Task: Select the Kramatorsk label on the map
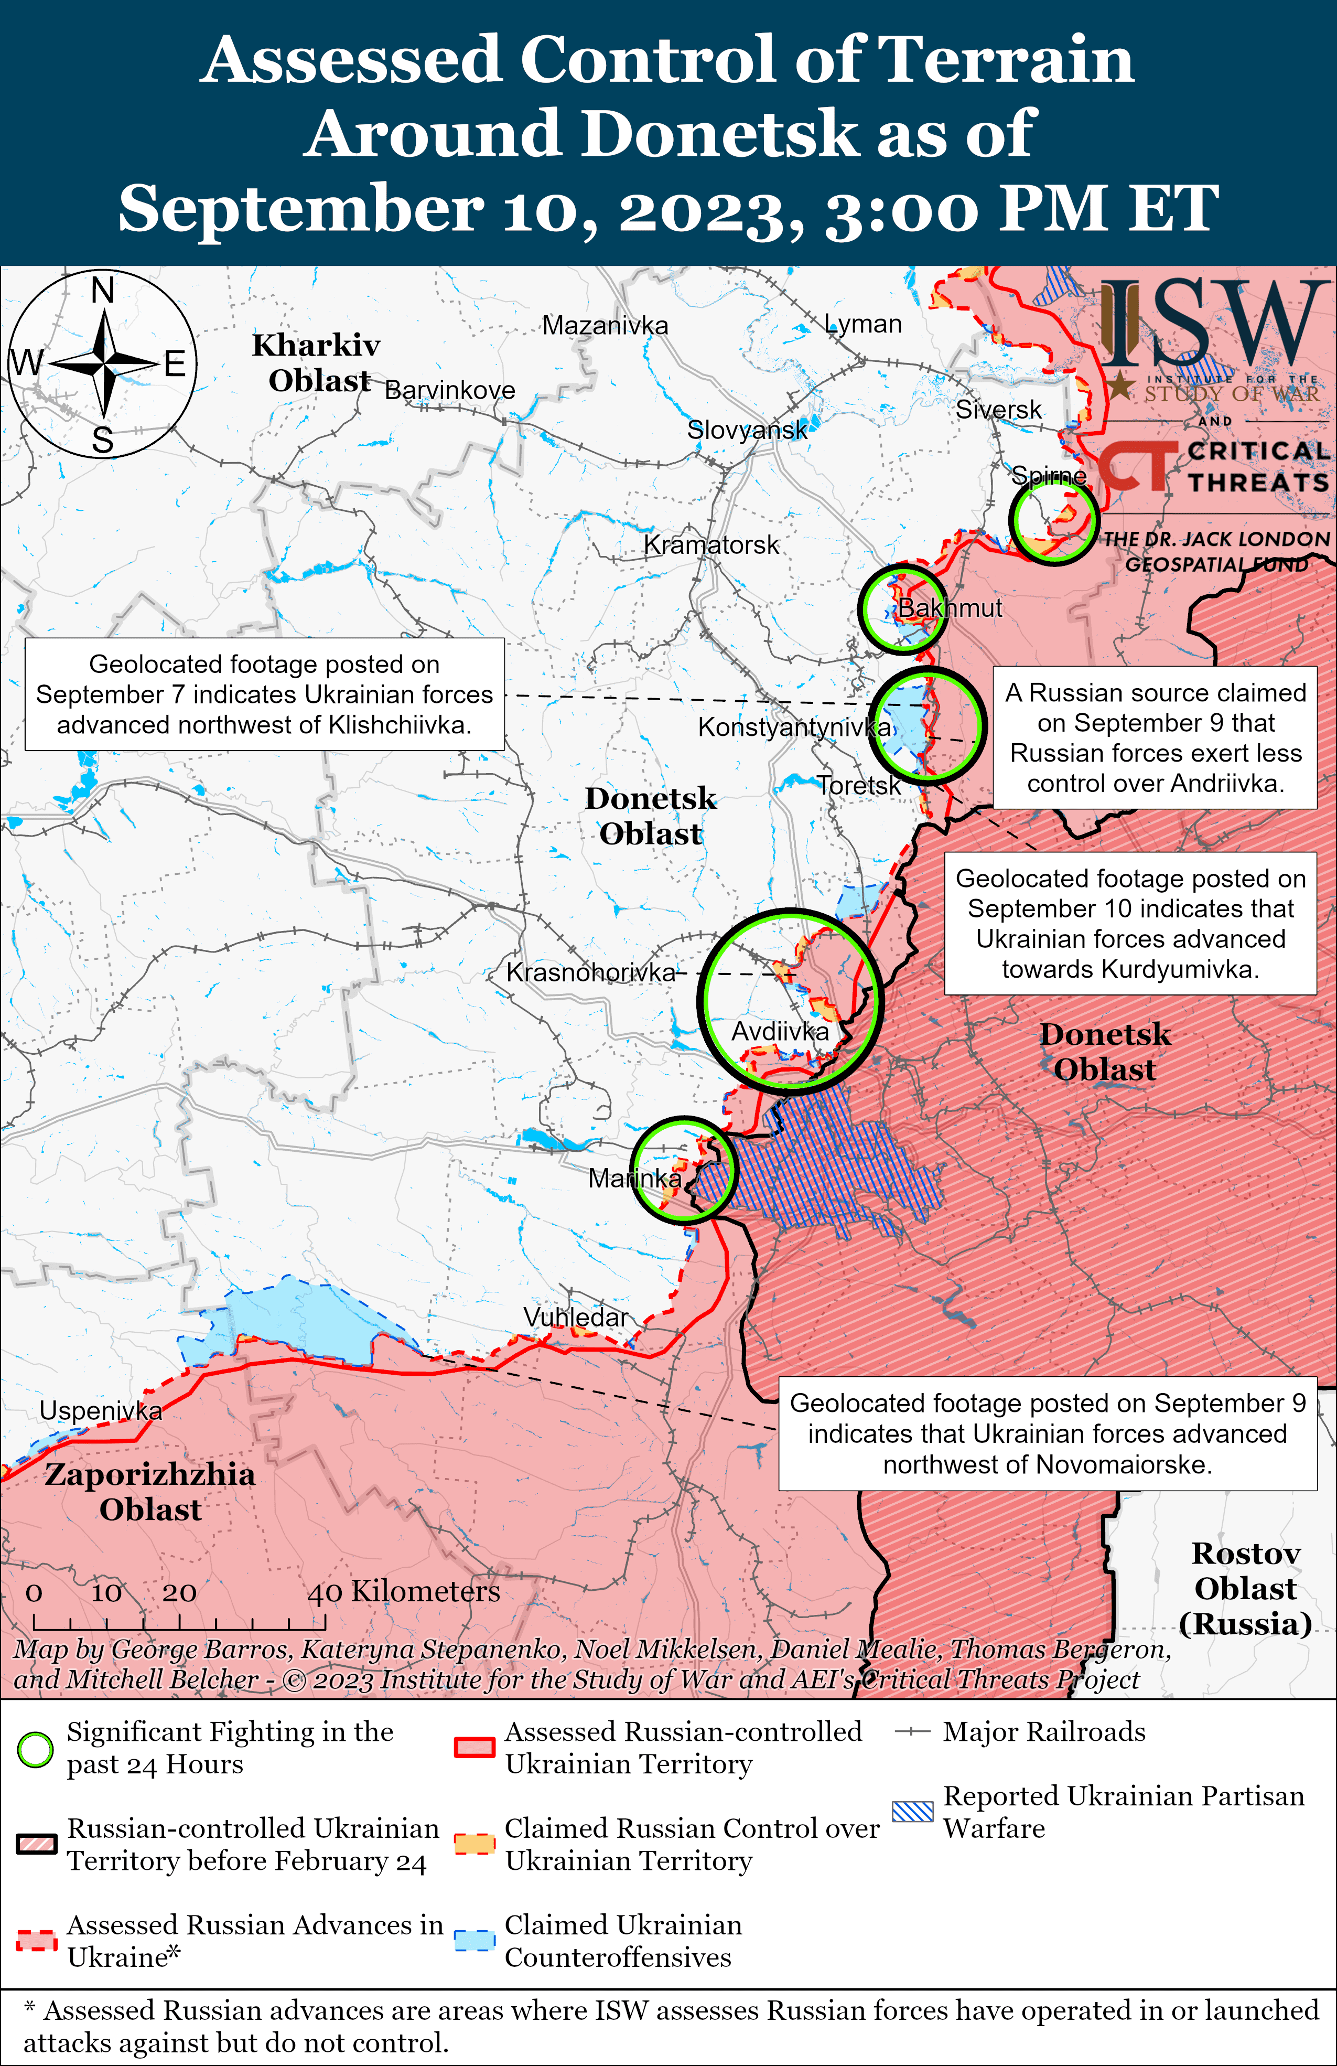pyautogui.click(x=711, y=545)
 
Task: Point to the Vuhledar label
pyautogui.click(x=575, y=1317)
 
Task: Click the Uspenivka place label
pyautogui.click(x=101, y=1410)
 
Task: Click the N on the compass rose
pyautogui.click(x=103, y=290)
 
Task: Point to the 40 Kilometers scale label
pyautogui.click(x=403, y=1591)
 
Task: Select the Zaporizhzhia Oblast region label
pyautogui.click(x=150, y=1491)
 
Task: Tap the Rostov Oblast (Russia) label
pyautogui.click(x=1245, y=1589)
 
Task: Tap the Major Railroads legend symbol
pyautogui.click(x=913, y=1732)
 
